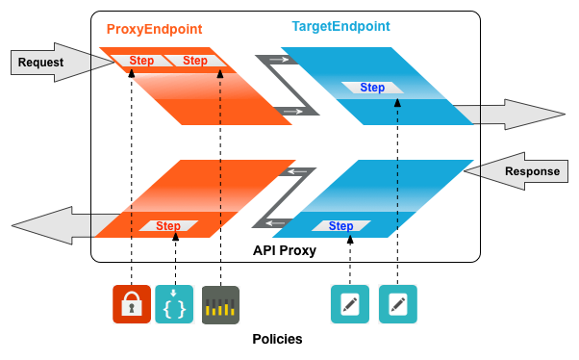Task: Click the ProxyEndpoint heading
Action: (154, 29)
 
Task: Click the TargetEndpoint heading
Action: (340, 26)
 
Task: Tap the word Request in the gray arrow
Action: (40, 63)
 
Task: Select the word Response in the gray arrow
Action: (532, 171)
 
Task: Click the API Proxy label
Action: (285, 250)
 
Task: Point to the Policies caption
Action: (277, 339)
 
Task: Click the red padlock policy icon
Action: (132, 304)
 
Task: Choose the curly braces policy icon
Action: (174, 304)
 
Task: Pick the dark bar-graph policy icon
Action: (220, 305)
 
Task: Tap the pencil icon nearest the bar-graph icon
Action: (350, 304)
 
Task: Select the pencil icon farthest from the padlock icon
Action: (398, 304)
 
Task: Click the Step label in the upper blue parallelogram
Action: (372, 88)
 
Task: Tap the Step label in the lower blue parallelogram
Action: (340, 226)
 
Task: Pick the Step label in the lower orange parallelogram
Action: (168, 226)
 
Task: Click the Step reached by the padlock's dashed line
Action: (141, 61)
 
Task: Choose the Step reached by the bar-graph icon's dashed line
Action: (195, 61)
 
